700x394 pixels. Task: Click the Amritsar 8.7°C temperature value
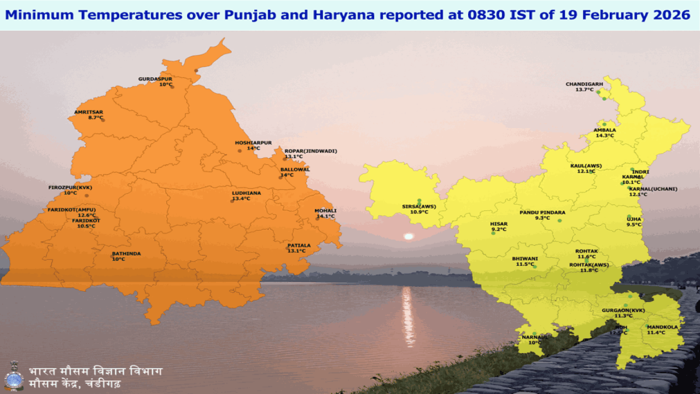coord(88,118)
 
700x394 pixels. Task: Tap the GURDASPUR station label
coord(155,79)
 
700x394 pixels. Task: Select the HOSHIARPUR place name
coord(253,142)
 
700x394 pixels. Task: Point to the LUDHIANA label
coord(246,193)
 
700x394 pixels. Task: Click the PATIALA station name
coord(299,245)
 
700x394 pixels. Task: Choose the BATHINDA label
coord(126,253)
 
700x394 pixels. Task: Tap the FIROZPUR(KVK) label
coord(71,187)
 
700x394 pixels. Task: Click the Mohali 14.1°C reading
coord(325,216)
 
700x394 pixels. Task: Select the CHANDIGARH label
coord(584,84)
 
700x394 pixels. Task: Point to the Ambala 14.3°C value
coord(604,135)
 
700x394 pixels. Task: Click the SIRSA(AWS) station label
coord(419,206)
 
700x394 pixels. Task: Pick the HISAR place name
coord(499,224)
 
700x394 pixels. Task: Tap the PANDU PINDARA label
coord(542,212)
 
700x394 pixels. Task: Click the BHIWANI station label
coord(524,258)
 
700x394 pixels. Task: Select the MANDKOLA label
coord(662,327)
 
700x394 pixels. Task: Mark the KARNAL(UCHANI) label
coord(653,189)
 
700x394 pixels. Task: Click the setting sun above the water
coord(408,236)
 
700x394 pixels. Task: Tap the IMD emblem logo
coord(14,375)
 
